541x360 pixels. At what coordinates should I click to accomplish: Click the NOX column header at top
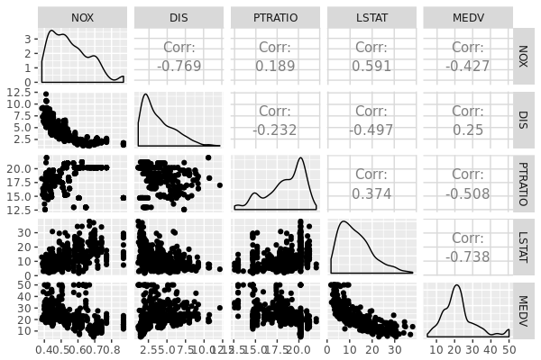pos(82,17)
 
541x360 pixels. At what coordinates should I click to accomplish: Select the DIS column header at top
pos(179,17)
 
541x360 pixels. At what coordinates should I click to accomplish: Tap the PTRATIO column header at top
pos(275,17)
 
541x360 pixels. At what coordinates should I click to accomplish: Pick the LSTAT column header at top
pos(371,17)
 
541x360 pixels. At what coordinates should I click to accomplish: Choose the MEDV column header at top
pos(468,17)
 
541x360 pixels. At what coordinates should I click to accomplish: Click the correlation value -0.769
pos(179,66)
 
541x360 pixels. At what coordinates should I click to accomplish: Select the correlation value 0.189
pos(275,66)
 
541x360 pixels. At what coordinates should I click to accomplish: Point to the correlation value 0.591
pos(371,66)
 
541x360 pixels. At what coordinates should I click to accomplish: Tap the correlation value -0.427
pos(468,66)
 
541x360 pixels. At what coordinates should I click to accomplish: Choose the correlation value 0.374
pos(371,192)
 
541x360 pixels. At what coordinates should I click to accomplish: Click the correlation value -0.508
pos(468,192)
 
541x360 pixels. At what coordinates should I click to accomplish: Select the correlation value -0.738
pos(468,256)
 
